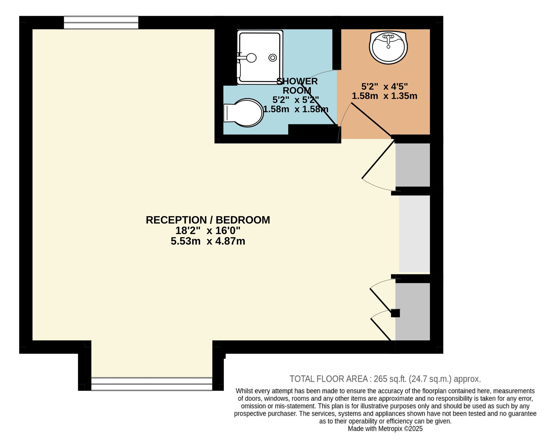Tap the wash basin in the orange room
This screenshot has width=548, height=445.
coord(388,47)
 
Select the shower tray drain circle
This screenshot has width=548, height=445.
coord(272,58)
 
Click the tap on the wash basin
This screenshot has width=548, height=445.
coord(388,38)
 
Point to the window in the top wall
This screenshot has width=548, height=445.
coord(101,22)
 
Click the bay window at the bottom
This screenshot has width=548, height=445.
coord(152,384)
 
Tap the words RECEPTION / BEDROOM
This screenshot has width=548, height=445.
coord(208,220)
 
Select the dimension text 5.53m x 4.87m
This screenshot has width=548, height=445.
coord(208,241)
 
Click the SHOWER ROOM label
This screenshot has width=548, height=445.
coord(297,86)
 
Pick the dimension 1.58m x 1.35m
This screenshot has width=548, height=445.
coord(384,96)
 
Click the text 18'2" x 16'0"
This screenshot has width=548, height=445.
coord(208,231)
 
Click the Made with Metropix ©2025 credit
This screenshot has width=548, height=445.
coord(385,428)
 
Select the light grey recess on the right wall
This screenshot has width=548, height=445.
coord(414,234)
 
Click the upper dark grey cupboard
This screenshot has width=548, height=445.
coord(412,165)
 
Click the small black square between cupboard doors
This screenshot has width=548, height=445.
coord(395,313)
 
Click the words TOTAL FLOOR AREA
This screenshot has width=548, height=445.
coord(329,379)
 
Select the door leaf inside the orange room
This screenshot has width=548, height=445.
coord(372,120)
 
